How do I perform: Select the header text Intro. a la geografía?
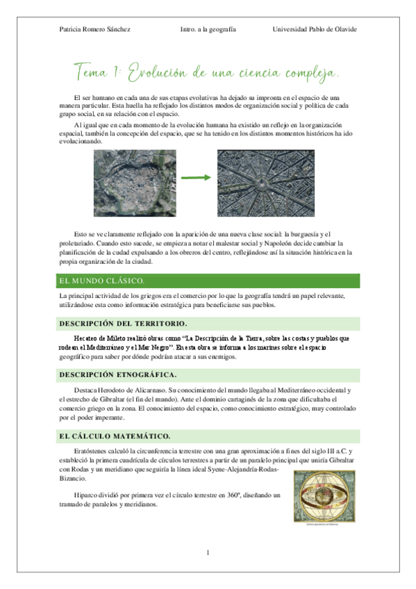(208, 29)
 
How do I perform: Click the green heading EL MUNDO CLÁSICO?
(101, 281)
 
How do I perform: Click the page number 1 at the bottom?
(208, 553)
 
